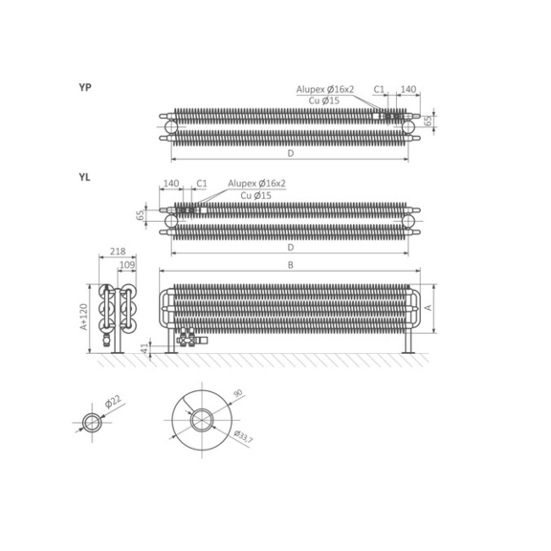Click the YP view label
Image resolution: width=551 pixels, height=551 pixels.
point(85,87)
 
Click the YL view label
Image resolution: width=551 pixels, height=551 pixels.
point(85,178)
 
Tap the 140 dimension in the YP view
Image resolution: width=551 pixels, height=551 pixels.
point(408,89)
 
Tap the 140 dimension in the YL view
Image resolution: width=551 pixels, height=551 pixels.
point(171,184)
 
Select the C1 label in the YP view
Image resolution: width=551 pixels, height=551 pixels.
point(379,89)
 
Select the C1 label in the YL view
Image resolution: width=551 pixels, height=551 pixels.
point(202,184)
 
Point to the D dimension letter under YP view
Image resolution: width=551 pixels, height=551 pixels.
point(291,154)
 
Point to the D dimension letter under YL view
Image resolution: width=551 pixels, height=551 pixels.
point(291,248)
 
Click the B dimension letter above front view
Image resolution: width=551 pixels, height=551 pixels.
point(291,265)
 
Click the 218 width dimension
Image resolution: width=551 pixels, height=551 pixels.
point(118,252)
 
